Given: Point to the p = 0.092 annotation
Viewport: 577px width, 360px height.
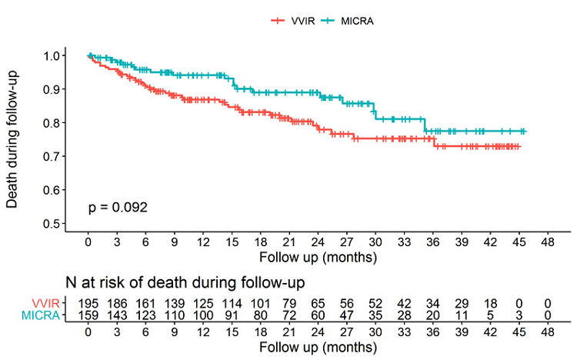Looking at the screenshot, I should click(116, 207).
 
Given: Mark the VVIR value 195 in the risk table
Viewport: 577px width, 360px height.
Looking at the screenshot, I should click(88, 304).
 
